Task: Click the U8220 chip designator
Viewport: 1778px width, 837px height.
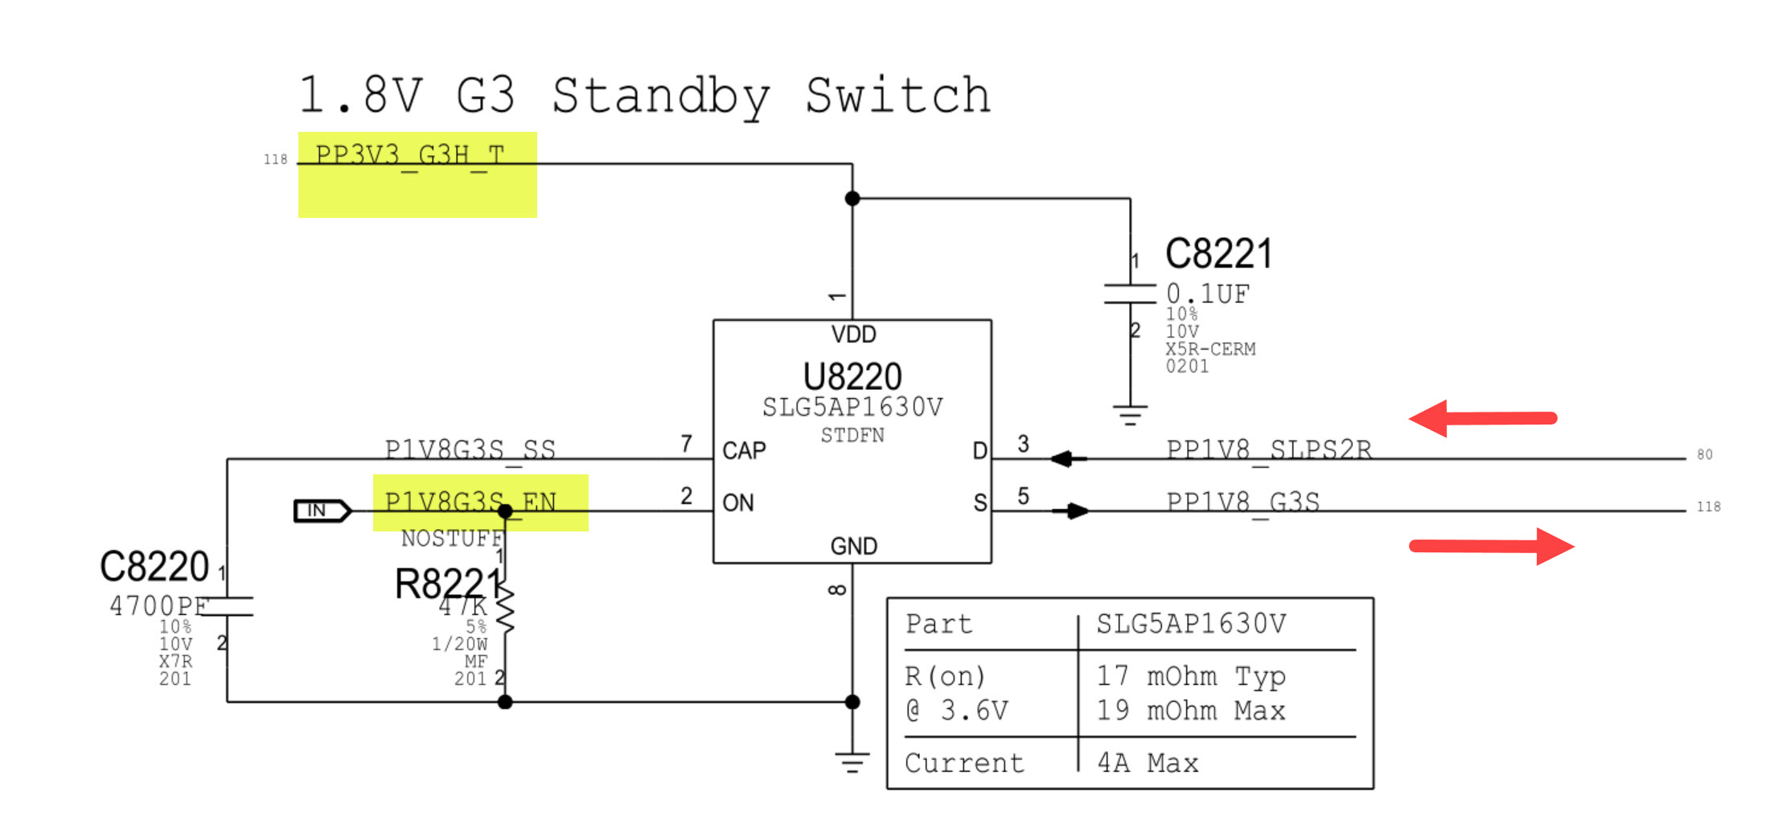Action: tap(852, 376)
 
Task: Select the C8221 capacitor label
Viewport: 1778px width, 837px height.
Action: tap(1218, 254)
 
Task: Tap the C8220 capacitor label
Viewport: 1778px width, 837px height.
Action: tap(154, 566)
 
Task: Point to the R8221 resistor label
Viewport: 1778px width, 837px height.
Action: tap(446, 584)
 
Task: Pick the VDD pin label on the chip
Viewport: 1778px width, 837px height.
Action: tap(853, 334)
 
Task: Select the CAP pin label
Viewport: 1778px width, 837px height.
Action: tap(744, 450)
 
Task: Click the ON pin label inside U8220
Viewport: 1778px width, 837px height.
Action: tap(737, 503)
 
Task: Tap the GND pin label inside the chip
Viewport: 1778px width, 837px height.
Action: tap(853, 547)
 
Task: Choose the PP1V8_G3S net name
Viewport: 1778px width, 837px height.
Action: tap(1242, 502)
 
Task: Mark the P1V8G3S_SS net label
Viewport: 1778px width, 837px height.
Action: tap(470, 449)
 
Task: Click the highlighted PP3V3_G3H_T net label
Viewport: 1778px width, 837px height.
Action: tap(410, 154)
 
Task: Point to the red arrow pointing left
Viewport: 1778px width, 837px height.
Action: tap(1481, 418)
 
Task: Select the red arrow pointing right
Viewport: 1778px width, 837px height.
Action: tap(1493, 547)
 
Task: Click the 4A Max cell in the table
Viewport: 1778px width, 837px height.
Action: tap(1148, 762)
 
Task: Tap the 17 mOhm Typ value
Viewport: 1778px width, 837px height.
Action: tap(1191, 675)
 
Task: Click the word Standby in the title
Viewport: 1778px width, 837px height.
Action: tap(660, 96)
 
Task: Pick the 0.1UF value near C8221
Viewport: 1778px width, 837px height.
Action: tap(1208, 294)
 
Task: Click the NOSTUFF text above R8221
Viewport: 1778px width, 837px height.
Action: tap(451, 538)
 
